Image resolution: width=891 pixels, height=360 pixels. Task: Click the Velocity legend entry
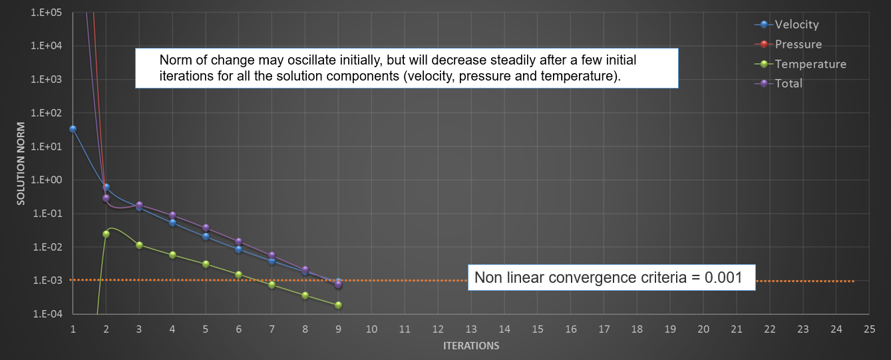(x=796, y=25)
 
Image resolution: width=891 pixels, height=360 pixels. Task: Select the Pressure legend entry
(x=798, y=45)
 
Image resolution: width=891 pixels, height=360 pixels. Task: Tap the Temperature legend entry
(x=810, y=64)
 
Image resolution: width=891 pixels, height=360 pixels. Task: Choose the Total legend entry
(x=789, y=83)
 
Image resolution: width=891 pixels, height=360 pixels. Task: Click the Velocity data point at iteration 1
(x=73, y=128)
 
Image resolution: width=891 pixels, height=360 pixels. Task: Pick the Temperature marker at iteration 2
(x=106, y=234)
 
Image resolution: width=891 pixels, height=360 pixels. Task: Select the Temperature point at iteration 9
(x=338, y=305)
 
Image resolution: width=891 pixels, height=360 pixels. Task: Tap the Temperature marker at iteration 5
(x=206, y=264)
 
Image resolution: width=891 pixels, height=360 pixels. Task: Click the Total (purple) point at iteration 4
(x=172, y=215)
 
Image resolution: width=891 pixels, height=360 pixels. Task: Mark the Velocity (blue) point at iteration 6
(x=239, y=249)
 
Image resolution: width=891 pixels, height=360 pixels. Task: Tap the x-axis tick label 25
(x=869, y=329)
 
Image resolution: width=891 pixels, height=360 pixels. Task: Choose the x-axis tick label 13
(x=471, y=329)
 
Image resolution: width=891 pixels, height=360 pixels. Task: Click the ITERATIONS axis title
(x=471, y=346)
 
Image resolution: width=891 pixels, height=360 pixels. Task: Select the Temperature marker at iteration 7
(x=271, y=285)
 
